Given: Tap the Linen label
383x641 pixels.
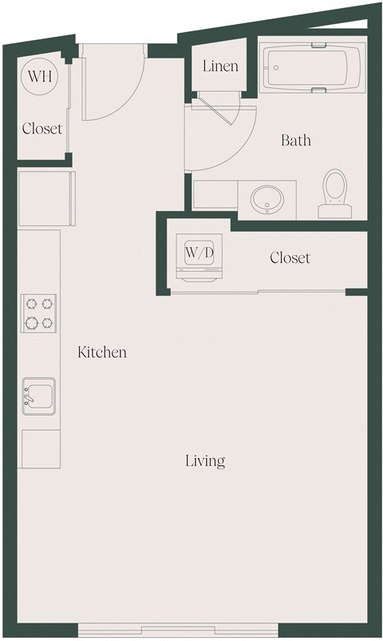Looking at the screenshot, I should point(219,66).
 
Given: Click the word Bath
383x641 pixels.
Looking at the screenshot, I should point(296,141).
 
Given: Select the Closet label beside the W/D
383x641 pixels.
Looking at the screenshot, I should point(290,258).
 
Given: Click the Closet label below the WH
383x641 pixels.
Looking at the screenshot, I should point(41,128).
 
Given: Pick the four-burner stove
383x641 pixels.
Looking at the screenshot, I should point(39,314).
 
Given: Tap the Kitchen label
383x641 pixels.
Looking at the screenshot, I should point(102,352).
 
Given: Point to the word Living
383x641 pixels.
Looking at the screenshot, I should point(205,460).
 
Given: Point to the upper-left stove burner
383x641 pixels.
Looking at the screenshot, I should point(32,305).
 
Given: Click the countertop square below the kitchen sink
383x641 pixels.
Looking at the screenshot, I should point(40,449).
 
